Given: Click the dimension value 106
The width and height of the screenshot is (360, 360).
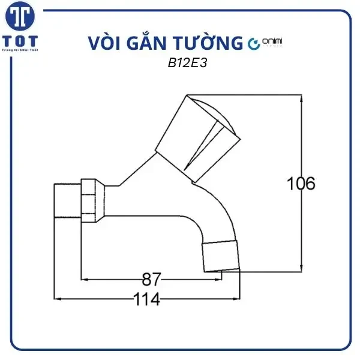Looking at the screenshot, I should [301, 184].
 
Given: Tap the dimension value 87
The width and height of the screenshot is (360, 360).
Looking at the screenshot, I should [151, 279].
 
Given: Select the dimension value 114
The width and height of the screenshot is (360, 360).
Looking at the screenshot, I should [146, 299].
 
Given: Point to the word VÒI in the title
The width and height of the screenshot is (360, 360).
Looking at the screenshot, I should [103, 44].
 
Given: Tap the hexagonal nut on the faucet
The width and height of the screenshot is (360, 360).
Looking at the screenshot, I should [89, 200].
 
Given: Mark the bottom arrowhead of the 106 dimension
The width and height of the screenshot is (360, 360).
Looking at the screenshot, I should [301, 267].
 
